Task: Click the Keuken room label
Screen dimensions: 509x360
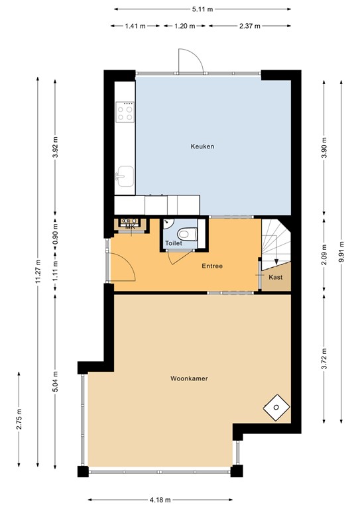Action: pos(202,146)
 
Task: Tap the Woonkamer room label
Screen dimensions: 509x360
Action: pos(189,379)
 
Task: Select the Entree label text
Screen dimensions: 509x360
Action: pos(212,266)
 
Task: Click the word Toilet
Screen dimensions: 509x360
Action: pos(173,244)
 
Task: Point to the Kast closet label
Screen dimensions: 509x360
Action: pos(276,277)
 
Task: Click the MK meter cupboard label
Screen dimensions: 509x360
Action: pos(129,228)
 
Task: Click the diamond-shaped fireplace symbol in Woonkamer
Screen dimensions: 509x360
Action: pos(275,406)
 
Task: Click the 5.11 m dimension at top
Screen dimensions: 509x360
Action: pos(202,9)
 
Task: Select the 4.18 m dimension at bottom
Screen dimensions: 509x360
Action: pos(160,499)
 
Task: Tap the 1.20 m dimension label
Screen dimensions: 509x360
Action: pos(184,26)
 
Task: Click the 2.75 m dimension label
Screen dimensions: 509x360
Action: pos(19,420)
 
